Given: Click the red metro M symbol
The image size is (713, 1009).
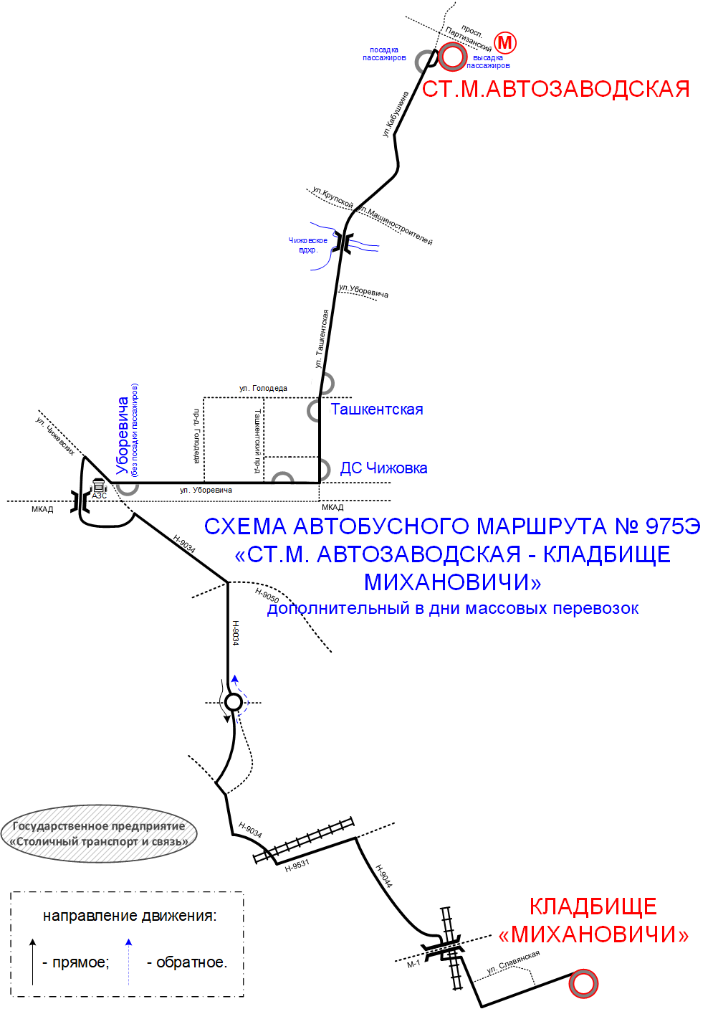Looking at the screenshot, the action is pyautogui.click(x=504, y=43).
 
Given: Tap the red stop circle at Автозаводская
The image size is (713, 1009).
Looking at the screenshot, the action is pyautogui.click(x=452, y=57).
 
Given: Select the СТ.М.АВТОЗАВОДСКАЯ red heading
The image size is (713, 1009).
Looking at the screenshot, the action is pyautogui.click(x=556, y=89).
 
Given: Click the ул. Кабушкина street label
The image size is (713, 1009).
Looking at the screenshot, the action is pyautogui.click(x=396, y=114).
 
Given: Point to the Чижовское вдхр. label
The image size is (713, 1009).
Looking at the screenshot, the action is pyautogui.click(x=308, y=245).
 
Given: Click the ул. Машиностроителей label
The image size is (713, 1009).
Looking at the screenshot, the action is pyautogui.click(x=396, y=225).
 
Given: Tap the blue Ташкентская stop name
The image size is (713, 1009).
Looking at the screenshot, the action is pyautogui.click(x=377, y=409).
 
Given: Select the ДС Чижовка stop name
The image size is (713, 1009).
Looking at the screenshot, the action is pyautogui.click(x=383, y=468).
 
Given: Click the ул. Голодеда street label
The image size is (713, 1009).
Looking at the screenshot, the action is pyautogui.click(x=263, y=388).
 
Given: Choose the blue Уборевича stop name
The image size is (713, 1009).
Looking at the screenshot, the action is pyautogui.click(x=122, y=435).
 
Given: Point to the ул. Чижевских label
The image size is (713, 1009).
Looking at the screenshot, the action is pyautogui.click(x=55, y=435).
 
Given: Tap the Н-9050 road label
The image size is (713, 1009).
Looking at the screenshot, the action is pyautogui.click(x=267, y=596).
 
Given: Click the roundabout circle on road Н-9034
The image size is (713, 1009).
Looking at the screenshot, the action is pyautogui.click(x=233, y=702).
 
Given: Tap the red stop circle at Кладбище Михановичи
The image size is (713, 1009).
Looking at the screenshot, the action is pyautogui.click(x=583, y=984).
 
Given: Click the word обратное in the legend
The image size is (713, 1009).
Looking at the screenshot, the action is pyautogui.click(x=191, y=962).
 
